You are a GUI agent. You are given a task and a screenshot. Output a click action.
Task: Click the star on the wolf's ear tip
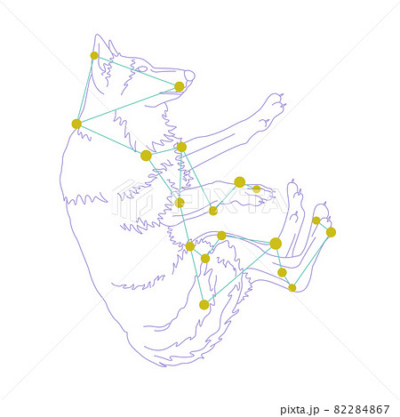(x=94, y=55)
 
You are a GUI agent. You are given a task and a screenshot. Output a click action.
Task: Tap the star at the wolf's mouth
(x=179, y=86)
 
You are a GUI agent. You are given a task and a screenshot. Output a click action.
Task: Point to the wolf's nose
(x=189, y=76)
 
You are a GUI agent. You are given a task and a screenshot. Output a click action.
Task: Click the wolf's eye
(x=141, y=69)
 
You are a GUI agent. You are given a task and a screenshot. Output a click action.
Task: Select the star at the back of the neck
(x=76, y=124)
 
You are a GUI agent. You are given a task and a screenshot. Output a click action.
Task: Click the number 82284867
(x=362, y=409)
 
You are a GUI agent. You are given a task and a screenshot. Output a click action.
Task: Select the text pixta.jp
(x=300, y=410)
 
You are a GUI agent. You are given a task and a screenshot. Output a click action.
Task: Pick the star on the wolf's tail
(x=204, y=305)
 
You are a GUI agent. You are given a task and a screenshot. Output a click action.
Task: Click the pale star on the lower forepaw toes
(x=257, y=188)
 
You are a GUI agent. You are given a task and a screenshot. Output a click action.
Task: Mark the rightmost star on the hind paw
(x=331, y=232)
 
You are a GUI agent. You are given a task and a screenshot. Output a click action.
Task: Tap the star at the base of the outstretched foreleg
(x=181, y=147)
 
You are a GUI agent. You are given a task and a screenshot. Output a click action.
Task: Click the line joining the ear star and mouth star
(x=137, y=71)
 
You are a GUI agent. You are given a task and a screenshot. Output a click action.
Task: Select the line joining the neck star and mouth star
(x=128, y=105)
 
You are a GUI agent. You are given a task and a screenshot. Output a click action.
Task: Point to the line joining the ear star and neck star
(x=85, y=89)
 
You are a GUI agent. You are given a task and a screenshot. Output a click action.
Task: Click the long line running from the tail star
(x=239, y=274)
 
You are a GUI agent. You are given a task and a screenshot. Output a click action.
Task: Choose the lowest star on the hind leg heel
(x=292, y=288)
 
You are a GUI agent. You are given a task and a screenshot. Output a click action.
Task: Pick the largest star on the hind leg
(x=276, y=244)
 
